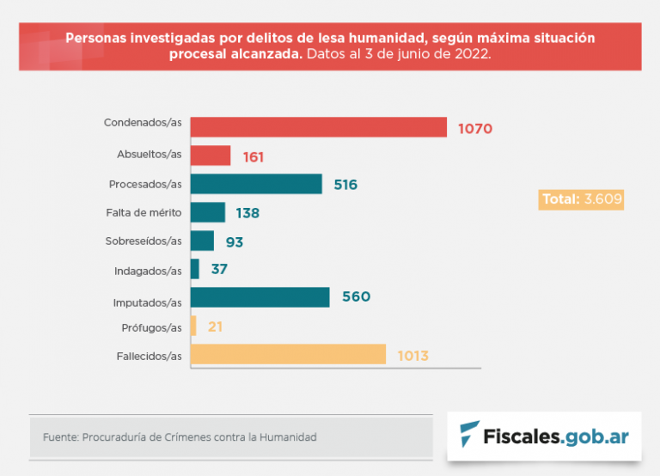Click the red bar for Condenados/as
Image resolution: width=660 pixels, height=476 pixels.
318,127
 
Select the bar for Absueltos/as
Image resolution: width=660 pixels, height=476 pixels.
210,156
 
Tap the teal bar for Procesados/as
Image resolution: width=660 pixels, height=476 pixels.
256,184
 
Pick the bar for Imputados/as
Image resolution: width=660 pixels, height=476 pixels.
260,297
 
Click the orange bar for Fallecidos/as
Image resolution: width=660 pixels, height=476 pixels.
288,355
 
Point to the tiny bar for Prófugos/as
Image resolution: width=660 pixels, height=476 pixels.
193,326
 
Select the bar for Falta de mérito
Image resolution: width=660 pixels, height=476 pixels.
207,212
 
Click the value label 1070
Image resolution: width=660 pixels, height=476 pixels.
474,129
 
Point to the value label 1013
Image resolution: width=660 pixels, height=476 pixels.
412,356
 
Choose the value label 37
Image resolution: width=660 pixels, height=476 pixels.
218,270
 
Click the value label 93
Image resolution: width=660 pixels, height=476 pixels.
234,241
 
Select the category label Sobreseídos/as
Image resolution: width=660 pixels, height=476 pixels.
144,241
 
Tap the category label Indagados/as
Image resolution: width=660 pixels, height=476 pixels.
148,271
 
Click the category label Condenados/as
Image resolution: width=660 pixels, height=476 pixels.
143,123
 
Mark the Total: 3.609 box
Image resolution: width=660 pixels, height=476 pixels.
581,199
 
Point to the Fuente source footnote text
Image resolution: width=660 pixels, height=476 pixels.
180,437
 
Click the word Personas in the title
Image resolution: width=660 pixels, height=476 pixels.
93,38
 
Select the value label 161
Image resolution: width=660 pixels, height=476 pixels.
253,157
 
